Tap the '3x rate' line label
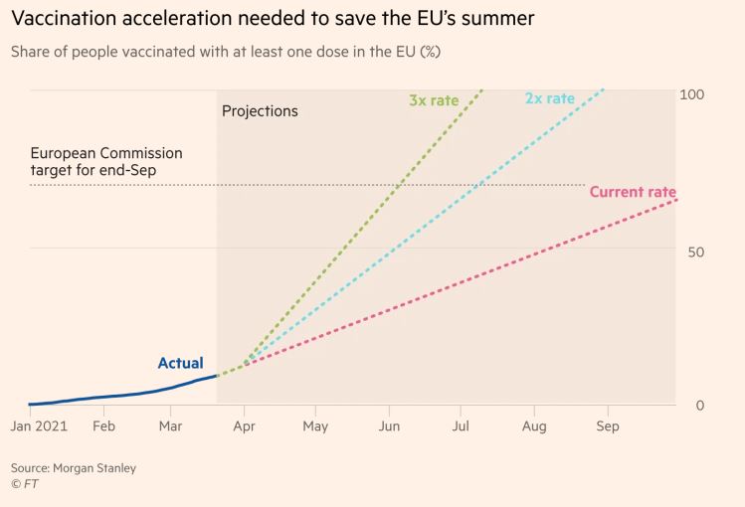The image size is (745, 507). point(434,99)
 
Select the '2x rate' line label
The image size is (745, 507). point(550,98)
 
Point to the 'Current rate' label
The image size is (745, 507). point(633,192)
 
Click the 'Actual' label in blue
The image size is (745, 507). point(180,363)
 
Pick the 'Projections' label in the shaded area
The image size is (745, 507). point(260,111)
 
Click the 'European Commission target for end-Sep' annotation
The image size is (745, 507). point(106,162)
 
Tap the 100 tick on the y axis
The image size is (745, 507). point(692,93)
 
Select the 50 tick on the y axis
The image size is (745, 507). point(695,252)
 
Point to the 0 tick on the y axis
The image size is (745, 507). point(700,405)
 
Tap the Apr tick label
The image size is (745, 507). point(244,426)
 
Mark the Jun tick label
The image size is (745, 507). point(389,426)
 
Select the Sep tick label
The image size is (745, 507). point(607,426)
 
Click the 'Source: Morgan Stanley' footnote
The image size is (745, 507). point(74,467)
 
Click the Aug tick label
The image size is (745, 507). point(534,426)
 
